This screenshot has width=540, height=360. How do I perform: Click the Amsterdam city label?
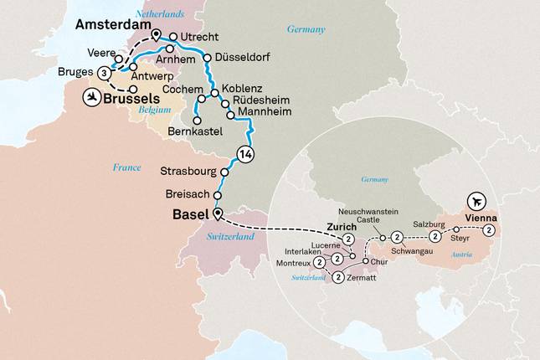pyautogui.click(x=112, y=26)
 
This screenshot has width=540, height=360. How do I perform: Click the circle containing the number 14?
pyautogui.click(x=245, y=154)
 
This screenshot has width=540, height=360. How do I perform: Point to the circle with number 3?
pyautogui.click(x=104, y=74)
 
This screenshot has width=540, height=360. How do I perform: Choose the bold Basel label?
pyautogui.click(x=190, y=214)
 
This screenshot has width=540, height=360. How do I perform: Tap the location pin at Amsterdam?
pyautogui.click(x=156, y=34)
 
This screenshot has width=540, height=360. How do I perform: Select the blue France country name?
pyautogui.click(x=126, y=168)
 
